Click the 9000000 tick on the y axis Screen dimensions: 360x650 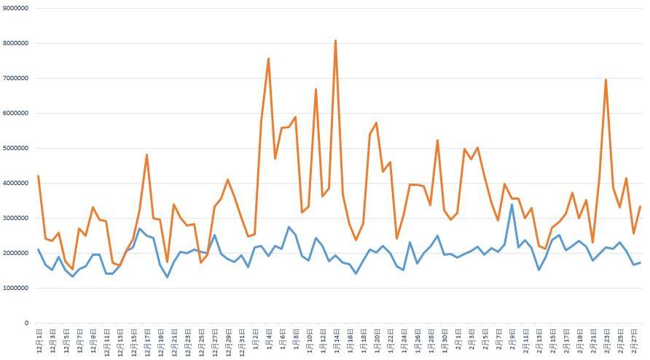pyautogui.click(x=15, y=8)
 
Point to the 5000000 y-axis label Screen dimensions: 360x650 pyautogui.click(x=15, y=148)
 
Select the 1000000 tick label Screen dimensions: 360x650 pyautogui.click(x=15, y=288)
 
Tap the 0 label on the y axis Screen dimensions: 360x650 pyautogui.click(x=26, y=323)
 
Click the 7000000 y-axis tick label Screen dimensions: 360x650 pyautogui.click(x=15, y=78)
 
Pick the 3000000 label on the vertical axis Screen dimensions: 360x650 pyautogui.click(x=15, y=218)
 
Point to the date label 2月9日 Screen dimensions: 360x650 pyautogui.click(x=511, y=340)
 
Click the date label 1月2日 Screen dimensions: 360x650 pyautogui.click(x=254, y=340)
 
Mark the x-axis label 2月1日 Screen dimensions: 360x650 pyautogui.click(x=457, y=340)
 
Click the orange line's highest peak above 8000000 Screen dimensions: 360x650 pyautogui.click(x=335, y=41)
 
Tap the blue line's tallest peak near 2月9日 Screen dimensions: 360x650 pyautogui.click(x=512, y=204)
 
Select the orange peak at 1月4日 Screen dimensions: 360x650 pyautogui.click(x=268, y=58)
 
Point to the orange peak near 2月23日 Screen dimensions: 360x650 pyautogui.click(x=606, y=79)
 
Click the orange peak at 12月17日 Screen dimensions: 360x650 pyautogui.click(x=146, y=154)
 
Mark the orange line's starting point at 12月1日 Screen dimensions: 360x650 pyautogui.click(x=38, y=176)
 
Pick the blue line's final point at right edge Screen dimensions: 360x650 pyautogui.click(x=640, y=262)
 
